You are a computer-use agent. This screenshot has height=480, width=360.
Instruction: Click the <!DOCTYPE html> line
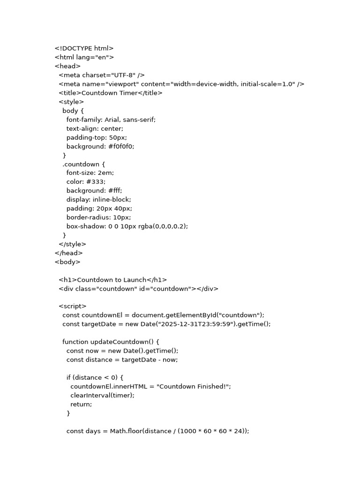pyautogui.click(x=84, y=48)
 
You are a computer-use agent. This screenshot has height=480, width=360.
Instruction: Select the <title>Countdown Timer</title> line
pyautogui.click(x=111, y=93)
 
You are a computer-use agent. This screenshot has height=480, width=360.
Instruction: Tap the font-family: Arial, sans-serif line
pyautogui.click(x=111, y=120)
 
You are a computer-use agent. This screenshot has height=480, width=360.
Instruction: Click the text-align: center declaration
pyautogui.click(x=95, y=128)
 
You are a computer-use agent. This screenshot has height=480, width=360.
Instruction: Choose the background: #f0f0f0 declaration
pyautogui.click(x=100, y=146)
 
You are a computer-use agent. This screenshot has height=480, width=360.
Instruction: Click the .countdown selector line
pyautogui.click(x=84, y=164)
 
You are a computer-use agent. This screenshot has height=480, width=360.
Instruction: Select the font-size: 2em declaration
pyautogui.click(x=90, y=173)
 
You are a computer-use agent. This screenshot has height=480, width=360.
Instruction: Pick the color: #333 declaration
pyautogui.click(x=86, y=182)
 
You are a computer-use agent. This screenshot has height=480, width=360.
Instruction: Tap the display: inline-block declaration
pyautogui.click(x=98, y=200)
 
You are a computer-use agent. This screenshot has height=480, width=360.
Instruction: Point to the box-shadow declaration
pyautogui.click(x=127, y=226)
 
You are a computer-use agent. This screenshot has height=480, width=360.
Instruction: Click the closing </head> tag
pyautogui.click(x=68, y=253)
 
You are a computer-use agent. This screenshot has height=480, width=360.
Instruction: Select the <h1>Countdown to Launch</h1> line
pyautogui.click(x=112, y=280)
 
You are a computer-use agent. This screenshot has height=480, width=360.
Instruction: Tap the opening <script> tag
pyautogui.click(x=73, y=307)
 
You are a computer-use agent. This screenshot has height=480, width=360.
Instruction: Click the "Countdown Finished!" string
pyautogui.click(x=193, y=387)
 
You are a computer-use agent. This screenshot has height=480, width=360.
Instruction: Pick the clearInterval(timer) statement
pyautogui.click(x=102, y=396)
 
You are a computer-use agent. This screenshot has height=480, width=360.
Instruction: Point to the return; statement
pyautogui.click(x=81, y=405)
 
